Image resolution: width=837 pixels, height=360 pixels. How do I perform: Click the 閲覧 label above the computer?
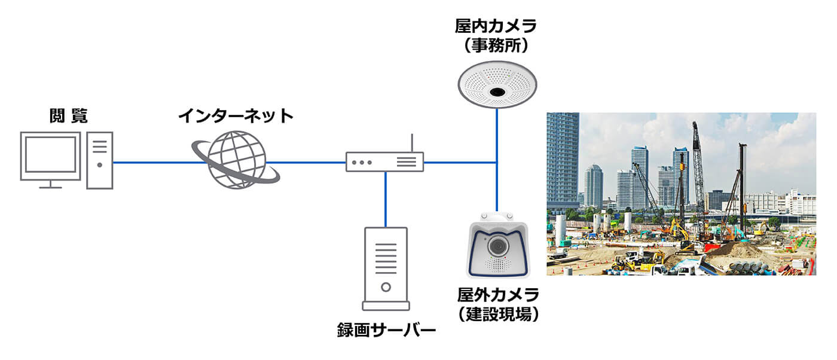[x=68, y=116]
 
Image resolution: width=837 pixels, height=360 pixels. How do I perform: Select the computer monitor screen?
[x=50, y=154]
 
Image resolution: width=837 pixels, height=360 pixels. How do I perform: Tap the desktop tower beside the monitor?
[x=100, y=160]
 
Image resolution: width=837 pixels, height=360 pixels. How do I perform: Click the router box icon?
[x=384, y=162]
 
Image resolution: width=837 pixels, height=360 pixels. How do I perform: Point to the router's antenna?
[x=412, y=143]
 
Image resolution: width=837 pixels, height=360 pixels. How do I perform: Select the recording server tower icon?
[x=386, y=269]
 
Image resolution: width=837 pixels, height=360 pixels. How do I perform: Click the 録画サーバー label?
[x=386, y=330]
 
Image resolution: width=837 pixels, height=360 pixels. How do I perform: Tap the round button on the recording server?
[x=386, y=287]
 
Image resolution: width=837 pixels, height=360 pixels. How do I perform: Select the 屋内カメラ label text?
[x=496, y=26]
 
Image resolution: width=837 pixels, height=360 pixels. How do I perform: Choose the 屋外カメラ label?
[x=498, y=295]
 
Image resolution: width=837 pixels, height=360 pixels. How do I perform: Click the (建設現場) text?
[x=498, y=313]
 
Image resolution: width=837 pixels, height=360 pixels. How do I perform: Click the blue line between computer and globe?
[x=152, y=162]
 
